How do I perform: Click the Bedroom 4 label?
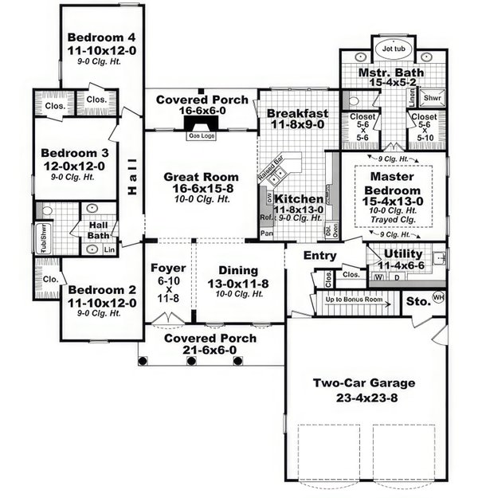(x=101, y=37)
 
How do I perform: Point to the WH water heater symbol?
(x=437, y=297)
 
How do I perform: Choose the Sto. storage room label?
(x=413, y=302)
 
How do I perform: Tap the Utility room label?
(x=403, y=253)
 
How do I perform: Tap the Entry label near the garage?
(x=320, y=256)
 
